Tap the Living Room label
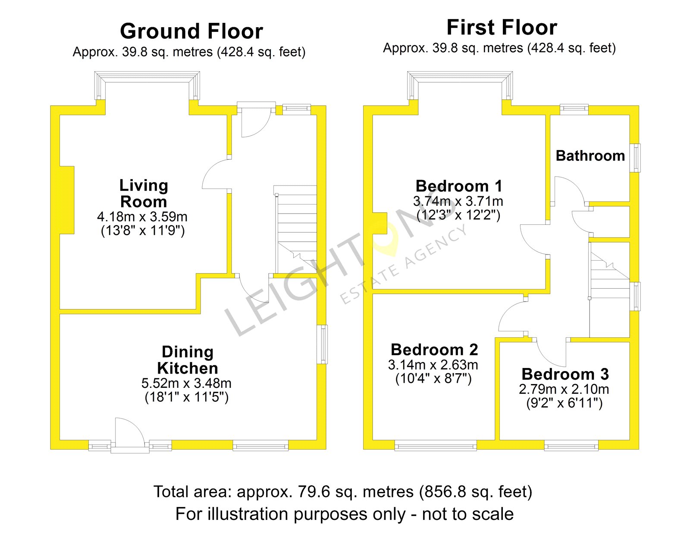[x=144, y=193]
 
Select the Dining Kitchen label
[x=187, y=360]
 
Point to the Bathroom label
[x=590, y=156]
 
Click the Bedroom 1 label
[x=459, y=186]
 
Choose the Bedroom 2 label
[x=434, y=349]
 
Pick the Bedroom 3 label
[x=565, y=374]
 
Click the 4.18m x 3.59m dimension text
[x=142, y=217]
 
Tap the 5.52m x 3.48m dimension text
[x=186, y=384]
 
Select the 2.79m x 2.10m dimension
[x=564, y=389]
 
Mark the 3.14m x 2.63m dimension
[x=433, y=365]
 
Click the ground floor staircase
[x=295, y=229]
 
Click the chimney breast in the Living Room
[x=67, y=200]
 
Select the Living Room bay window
[x=147, y=85]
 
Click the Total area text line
[x=343, y=492]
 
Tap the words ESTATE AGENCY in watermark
[x=403, y=264]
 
